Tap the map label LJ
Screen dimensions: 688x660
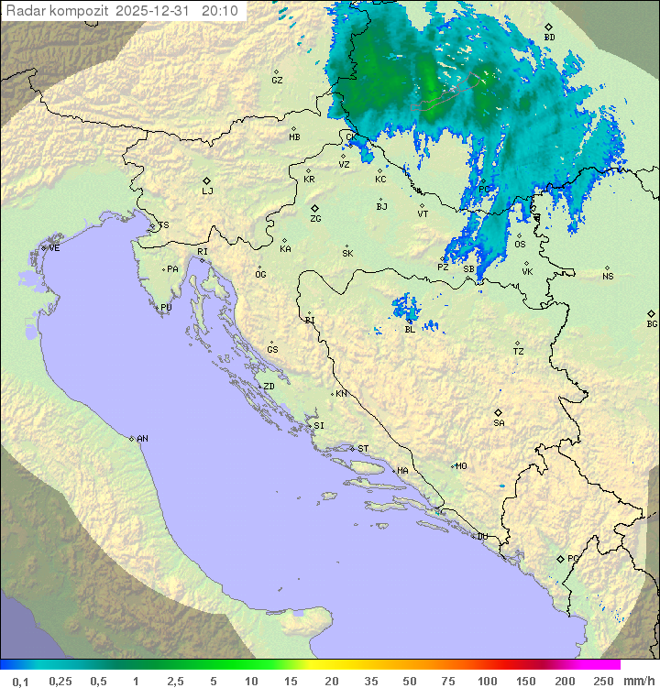(207, 191)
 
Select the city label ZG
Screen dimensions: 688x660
(315, 219)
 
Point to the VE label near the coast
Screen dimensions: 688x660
(54, 248)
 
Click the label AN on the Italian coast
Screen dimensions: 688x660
(142, 439)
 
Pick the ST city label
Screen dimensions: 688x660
(363, 449)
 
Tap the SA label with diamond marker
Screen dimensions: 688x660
(499, 422)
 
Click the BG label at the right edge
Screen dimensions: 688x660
(652, 323)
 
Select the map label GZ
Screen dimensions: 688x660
(277, 80)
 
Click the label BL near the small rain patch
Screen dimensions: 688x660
(410, 329)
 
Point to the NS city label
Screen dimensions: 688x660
(608, 276)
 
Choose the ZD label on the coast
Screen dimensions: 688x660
(269, 387)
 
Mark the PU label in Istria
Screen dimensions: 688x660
(166, 308)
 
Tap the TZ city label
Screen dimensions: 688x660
(519, 351)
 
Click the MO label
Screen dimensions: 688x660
(461, 466)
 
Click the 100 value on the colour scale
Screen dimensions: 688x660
(487, 681)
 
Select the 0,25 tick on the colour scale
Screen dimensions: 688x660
(60, 681)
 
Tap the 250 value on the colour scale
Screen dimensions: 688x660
(603, 681)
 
